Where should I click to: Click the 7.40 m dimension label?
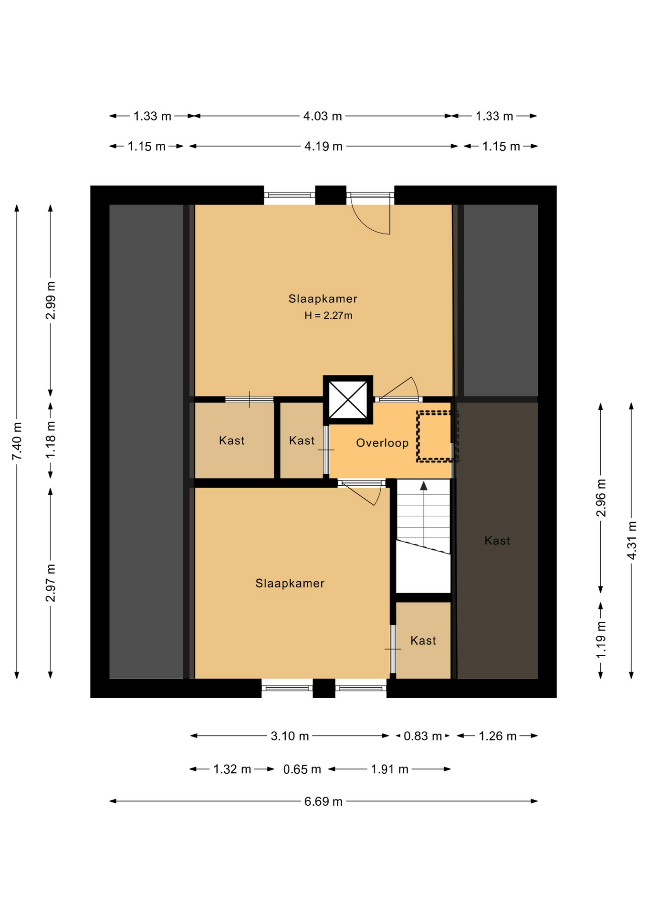[x=17, y=441]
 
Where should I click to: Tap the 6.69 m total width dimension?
[x=324, y=801]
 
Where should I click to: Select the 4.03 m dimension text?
[x=323, y=116]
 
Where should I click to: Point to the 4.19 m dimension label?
[x=324, y=146]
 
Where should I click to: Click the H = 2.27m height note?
[x=328, y=315]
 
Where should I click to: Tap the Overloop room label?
[x=382, y=443]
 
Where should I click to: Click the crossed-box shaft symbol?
[x=348, y=400]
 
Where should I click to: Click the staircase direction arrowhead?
[x=424, y=486]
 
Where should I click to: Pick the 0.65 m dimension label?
[x=302, y=769]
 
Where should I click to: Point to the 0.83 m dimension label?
[x=423, y=736]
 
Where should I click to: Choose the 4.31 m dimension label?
[x=631, y=540]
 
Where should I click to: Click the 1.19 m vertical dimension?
[x=601, y=640]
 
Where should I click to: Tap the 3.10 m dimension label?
[x=290, y=736]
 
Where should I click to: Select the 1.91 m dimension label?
[x=390, y=769]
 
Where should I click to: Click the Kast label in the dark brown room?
[x=497, y=541]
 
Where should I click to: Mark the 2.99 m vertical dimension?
[x=51, y=300]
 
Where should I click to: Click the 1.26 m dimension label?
[x=498, y=736]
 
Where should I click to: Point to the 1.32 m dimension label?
[x=232, y=769]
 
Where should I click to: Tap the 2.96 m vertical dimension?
[x=601, y=498]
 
